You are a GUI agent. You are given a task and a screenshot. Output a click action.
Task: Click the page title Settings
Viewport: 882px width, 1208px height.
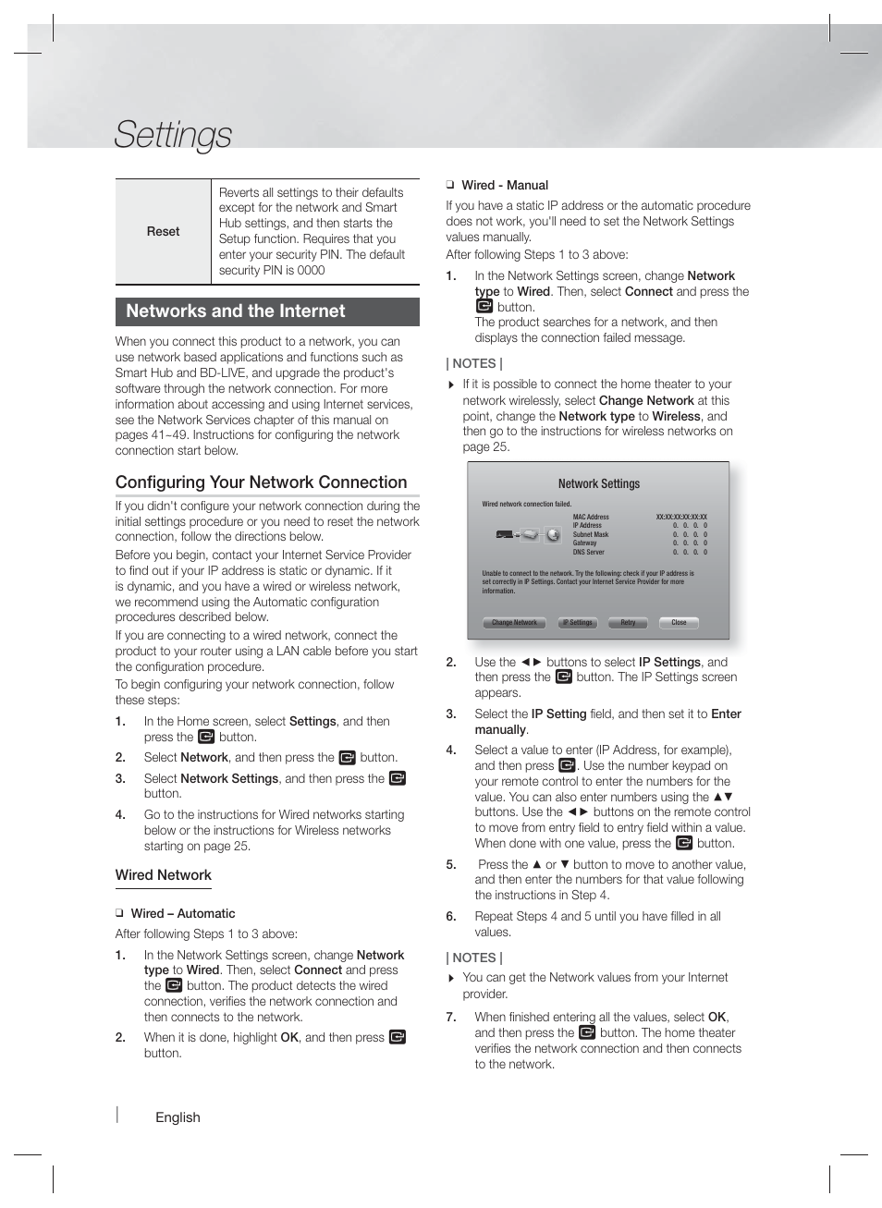click(x=173, y=135)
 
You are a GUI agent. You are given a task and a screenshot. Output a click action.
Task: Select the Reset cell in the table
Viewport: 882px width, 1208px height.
click(x=163, y=232)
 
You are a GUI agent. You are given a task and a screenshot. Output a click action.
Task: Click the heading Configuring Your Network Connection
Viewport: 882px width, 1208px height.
click(x=261, y=482)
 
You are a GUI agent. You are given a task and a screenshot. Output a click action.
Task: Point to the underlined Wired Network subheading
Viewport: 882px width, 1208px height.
click(x=163, y=875)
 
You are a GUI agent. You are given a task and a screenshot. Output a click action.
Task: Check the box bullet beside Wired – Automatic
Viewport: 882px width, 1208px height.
click(x=119, y=914)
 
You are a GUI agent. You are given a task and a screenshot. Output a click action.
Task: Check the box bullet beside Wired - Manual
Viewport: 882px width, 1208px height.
click(x=450, y=186)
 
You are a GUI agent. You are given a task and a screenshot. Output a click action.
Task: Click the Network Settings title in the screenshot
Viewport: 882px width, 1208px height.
click(x=598, y=483)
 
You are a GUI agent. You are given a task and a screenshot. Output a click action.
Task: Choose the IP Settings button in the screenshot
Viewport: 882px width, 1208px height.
click(x=578, y=623)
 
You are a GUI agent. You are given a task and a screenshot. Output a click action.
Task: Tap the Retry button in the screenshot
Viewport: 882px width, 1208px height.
click(x=628, y=623)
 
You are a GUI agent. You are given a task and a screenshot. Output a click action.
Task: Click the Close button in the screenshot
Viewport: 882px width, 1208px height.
click(x=679, y=623)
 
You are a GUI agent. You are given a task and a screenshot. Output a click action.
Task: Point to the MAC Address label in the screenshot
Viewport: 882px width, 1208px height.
click(x=591, y=518)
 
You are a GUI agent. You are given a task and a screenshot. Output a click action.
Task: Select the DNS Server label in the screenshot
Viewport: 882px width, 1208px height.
click(x=588, y=552)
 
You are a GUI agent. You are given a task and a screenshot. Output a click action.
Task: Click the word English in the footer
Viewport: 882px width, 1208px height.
click(x=178, y=1117)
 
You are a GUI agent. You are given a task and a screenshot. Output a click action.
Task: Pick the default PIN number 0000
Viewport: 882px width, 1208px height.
click(x=312, y=271)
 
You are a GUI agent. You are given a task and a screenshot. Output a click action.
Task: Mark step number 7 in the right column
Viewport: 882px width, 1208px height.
click(x=451, y=1018)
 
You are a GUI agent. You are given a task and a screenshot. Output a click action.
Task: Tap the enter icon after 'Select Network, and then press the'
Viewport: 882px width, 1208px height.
click(x=348, y=758)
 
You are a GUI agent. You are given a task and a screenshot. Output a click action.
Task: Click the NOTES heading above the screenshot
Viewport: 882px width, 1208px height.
click(x=474, y=364)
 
